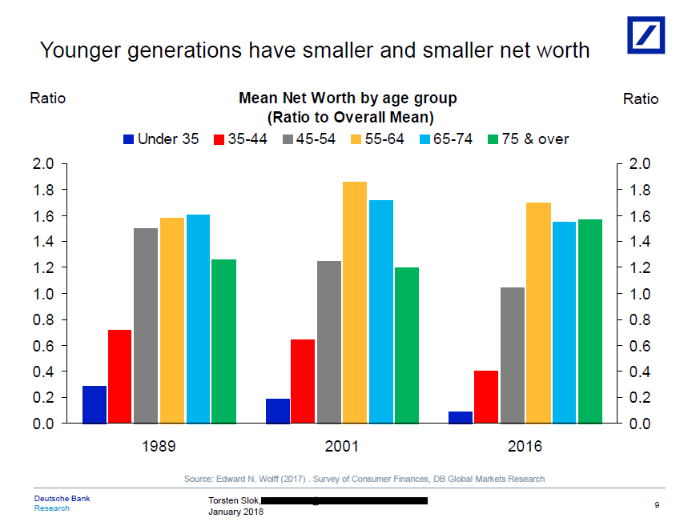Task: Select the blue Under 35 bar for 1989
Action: click(95, 404)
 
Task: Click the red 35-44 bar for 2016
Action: click(485, 396)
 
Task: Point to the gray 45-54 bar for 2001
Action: click(328, 341)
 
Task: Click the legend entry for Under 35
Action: click(160, 139)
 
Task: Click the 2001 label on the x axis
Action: click(342, 446)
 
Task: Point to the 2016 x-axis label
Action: click(525, 446)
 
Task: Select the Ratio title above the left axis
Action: click(47, 98)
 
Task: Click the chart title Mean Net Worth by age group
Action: click(348, 98)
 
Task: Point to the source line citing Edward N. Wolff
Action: click(364, 479)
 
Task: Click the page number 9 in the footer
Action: click(656, 504)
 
